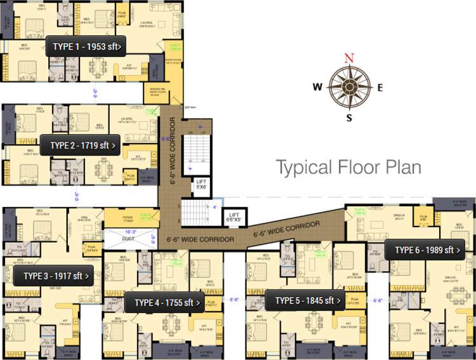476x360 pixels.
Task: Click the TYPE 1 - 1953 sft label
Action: coord(86,46)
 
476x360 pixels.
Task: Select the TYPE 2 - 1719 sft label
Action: coord(83,145)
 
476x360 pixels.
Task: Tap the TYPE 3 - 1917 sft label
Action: coord(54,276)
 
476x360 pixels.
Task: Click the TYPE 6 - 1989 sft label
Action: coord(424,250)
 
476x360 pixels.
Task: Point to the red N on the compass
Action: coord(348,58)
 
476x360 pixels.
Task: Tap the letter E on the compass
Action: coord(380,88)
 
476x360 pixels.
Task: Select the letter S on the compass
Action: coord(348,117)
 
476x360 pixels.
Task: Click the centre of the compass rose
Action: coord(348,88)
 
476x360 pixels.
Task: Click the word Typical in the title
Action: coord(303,168)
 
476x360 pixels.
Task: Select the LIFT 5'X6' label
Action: coord(201,185)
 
